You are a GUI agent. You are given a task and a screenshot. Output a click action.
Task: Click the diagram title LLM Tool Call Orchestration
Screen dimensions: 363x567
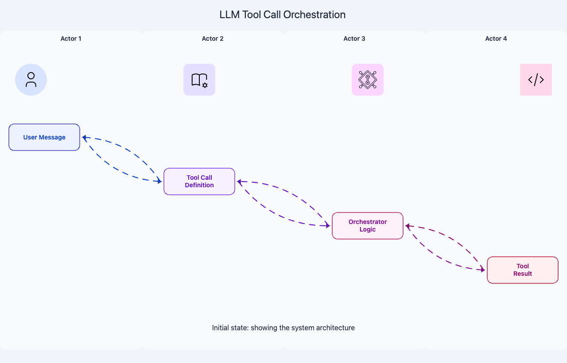[x=283, y=15]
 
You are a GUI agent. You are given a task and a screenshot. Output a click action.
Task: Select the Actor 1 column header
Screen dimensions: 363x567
[x=71, y=39]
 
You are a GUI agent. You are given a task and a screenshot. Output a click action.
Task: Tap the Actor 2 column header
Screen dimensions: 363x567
[x=213, y=39]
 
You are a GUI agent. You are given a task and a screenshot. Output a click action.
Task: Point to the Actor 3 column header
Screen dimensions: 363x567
[x=354, y=39]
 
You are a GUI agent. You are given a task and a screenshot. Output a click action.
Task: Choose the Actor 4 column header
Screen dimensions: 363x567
[x=496, y=39]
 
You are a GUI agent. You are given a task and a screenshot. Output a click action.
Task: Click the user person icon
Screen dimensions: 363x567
[x=31, y=80]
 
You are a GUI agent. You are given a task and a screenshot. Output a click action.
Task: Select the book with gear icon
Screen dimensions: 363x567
[x=199, y=80]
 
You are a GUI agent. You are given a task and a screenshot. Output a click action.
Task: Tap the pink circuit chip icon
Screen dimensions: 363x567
[x=368, y=80]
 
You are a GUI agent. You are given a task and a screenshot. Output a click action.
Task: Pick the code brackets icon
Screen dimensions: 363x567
[x=536, y=80]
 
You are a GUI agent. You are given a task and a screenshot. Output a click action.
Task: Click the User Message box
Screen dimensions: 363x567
[x=44, y=137]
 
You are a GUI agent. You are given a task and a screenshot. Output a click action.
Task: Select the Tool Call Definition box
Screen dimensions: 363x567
[x=199, y=181]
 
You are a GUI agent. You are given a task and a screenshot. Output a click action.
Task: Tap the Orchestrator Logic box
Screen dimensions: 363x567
[x=368, y=226]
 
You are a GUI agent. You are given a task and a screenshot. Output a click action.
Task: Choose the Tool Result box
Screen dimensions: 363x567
[x=523, y=270]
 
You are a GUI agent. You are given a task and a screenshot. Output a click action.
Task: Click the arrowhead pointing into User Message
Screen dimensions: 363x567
[x=84, y=138]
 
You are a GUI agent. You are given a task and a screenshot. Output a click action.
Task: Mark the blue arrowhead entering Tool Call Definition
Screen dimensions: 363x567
[x=160, y=181]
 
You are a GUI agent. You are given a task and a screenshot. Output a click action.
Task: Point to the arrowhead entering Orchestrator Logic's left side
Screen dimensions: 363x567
[x=328, y=225]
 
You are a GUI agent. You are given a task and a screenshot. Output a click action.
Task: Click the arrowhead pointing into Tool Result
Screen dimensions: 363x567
[x=483, y=270]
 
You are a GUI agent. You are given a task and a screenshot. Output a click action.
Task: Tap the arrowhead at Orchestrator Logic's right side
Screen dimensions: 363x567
[x=408, y=226]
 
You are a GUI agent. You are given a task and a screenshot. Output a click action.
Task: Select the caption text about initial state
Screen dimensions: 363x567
[x=283, y=328]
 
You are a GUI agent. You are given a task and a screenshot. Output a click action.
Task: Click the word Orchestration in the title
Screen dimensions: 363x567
[x=315, y=15]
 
